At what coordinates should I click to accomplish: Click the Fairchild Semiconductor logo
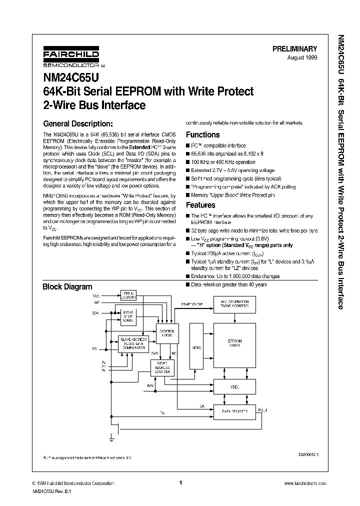click(70, 58)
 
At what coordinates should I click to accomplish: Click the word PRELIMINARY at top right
click(294, 49)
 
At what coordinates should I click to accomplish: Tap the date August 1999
click(302, 58)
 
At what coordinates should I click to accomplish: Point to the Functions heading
click(202, 134)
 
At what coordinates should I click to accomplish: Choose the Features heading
click(200, 205)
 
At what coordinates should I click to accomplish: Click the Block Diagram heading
click(67, 287)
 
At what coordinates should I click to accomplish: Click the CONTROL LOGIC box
click(166, 333)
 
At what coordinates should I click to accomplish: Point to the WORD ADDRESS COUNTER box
click(163, 368)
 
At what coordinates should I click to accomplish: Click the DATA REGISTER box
click(234, 411)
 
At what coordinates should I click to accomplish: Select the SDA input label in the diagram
click(95, 313)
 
